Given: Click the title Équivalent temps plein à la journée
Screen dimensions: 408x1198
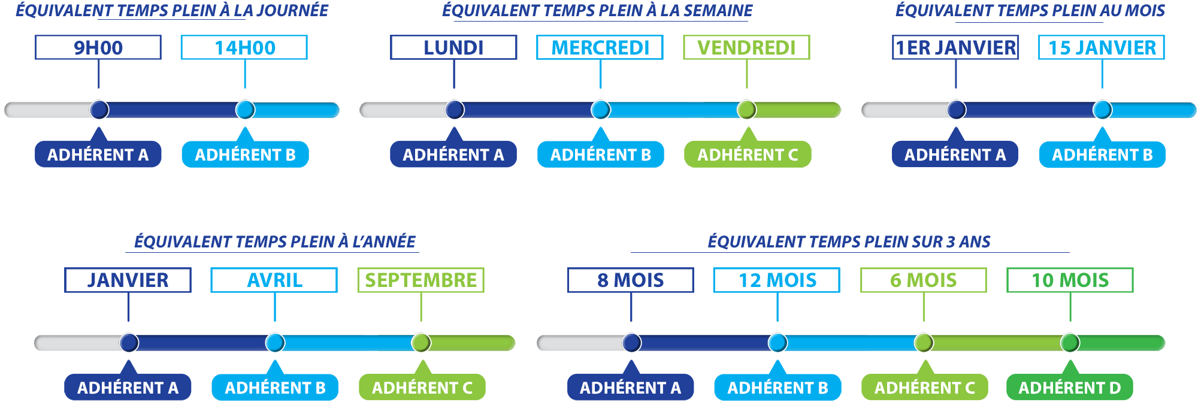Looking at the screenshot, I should point(172,11).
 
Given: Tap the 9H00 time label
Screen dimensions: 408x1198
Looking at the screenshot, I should point(95,47).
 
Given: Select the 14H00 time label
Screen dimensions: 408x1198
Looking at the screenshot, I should point(244,47).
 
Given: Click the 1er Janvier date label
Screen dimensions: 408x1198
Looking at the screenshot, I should point(958,47).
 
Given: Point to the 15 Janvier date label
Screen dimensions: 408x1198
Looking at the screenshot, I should point(1102,47).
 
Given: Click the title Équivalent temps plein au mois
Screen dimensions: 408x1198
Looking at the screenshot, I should point(1030,11).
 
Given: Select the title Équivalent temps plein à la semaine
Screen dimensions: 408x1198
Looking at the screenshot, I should point(597,11).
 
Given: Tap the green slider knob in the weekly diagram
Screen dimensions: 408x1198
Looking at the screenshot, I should point(746,110).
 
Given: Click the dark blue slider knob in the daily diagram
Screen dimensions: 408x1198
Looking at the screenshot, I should point(99,110).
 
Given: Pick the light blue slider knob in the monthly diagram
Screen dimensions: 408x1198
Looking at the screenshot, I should point(1102,110).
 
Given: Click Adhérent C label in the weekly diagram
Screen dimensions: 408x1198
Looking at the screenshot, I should point(748,155).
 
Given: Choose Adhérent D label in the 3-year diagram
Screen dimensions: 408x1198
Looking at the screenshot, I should point(1069,388).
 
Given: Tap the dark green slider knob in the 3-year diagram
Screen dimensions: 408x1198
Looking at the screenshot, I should point(1070,343).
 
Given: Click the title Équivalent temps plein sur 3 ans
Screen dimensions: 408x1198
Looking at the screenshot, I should point(849,241).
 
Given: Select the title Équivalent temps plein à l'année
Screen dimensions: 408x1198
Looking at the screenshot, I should point(274,241).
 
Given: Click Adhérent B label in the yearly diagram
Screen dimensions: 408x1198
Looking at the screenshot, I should point(275,388).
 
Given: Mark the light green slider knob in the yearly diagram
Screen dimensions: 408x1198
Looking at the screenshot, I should point(421,343).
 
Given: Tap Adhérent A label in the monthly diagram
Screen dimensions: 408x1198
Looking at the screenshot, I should point(955,155).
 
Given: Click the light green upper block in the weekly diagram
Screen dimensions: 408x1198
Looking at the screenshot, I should point(742,62).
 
